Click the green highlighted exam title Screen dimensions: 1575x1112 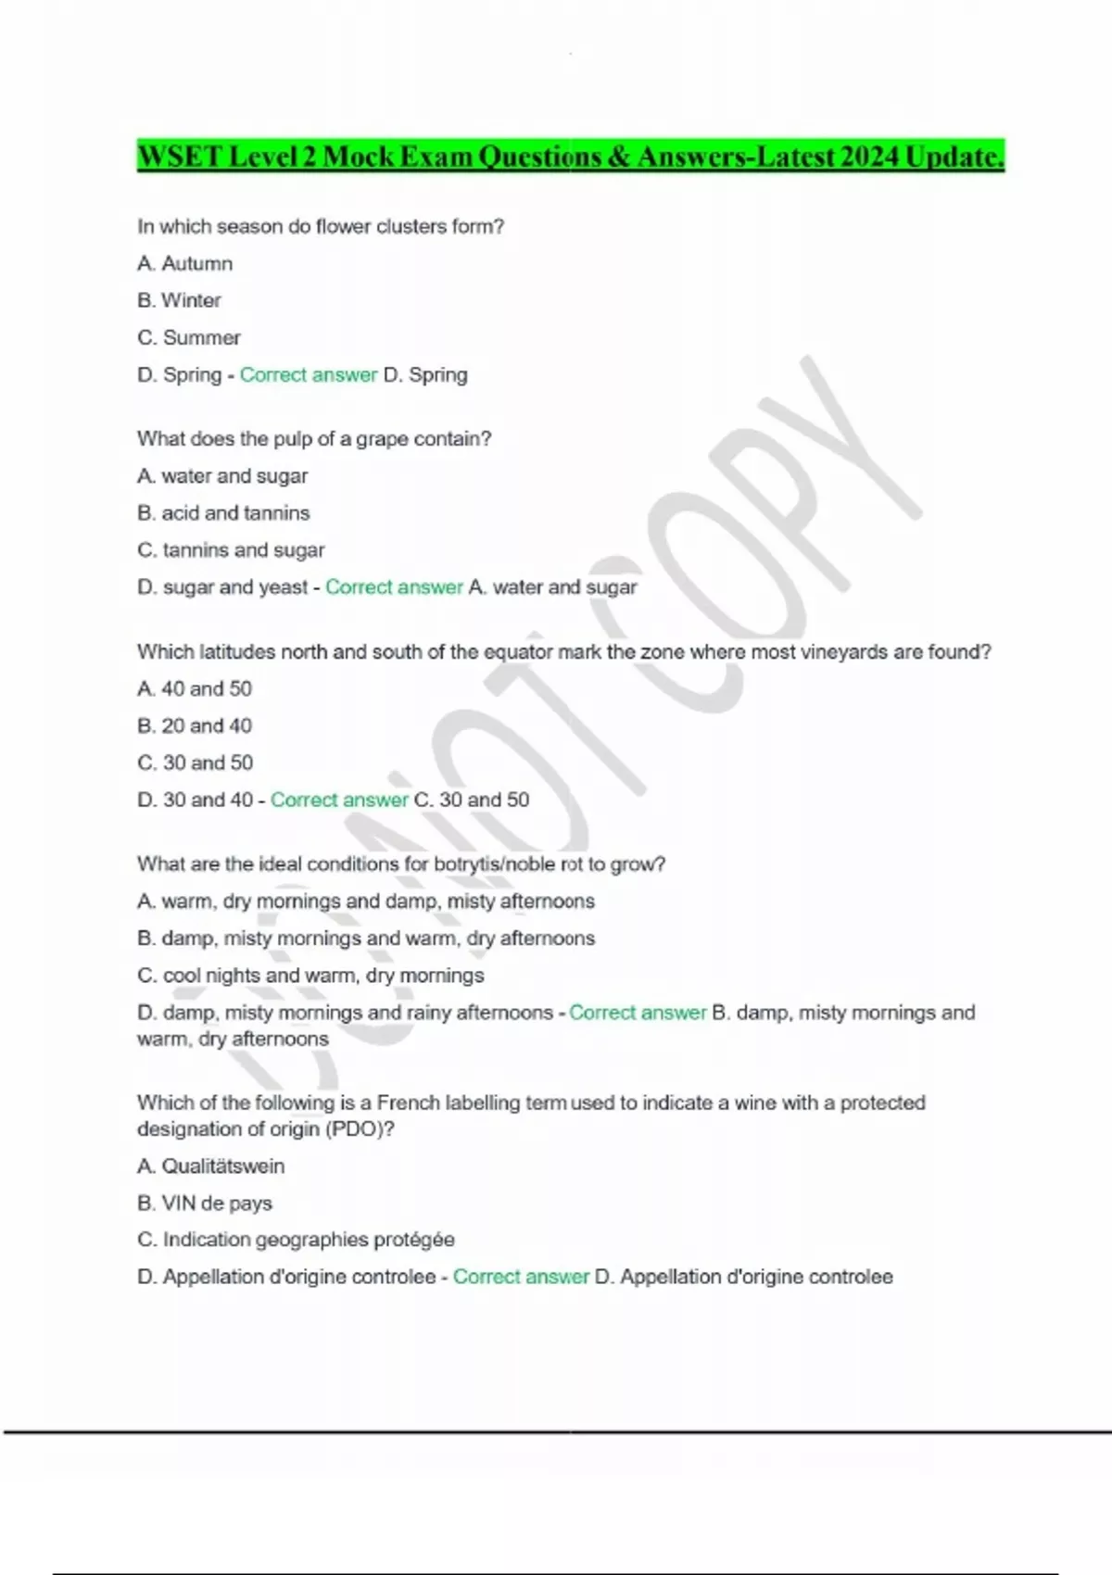570,157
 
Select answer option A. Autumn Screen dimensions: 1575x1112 184,264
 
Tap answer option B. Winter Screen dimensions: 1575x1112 179,301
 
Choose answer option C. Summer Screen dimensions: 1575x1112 188,338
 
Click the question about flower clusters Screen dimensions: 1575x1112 320,227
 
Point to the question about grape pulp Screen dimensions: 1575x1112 313,439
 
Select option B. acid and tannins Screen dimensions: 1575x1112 223,513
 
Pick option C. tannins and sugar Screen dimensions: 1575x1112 231,550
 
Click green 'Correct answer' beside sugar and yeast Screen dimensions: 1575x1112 394,587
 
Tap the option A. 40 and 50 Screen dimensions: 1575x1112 195,689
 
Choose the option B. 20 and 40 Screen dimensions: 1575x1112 195,726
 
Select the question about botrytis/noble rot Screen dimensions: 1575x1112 400,864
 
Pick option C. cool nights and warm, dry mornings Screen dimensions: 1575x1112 310,976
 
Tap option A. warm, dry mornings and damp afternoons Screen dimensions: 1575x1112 366,901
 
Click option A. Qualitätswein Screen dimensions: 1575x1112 210,1166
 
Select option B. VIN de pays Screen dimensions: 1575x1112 205,1203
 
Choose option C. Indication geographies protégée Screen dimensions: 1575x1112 296,1240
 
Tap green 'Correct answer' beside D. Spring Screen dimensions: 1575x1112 309,375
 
